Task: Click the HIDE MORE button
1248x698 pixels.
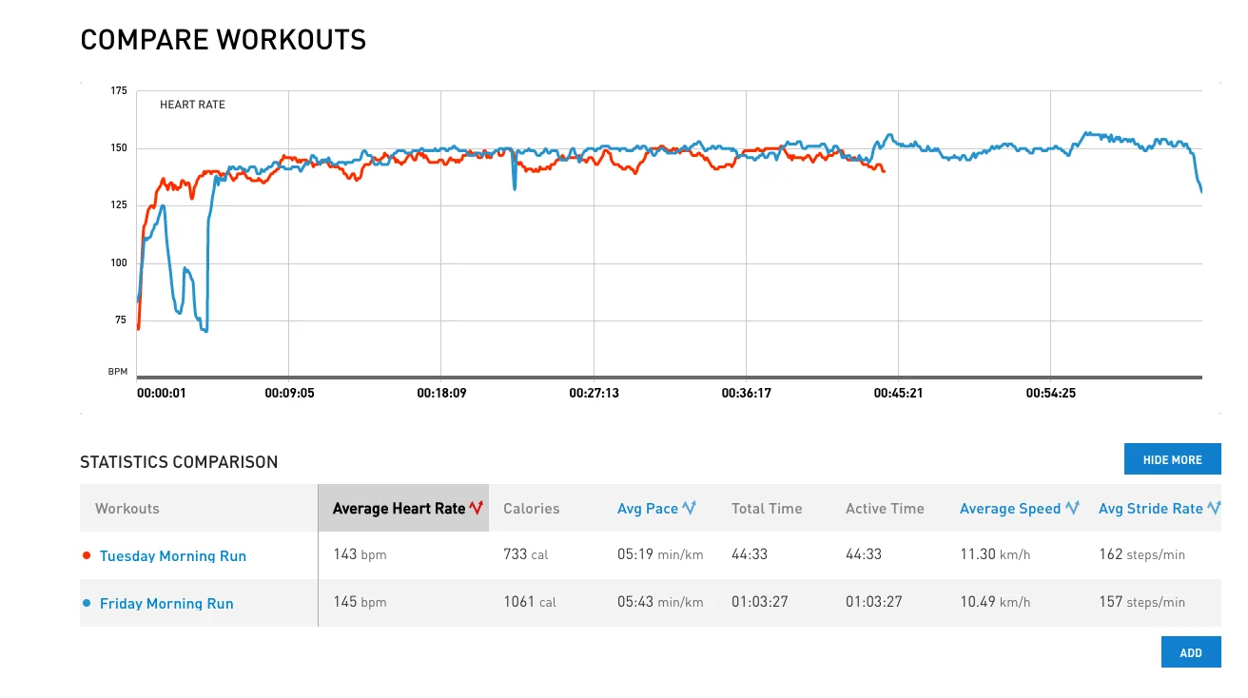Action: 1172,459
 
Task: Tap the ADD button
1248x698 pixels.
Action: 1191,652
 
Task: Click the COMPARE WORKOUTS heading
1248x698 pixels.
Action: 223,40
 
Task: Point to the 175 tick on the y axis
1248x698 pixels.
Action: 118,91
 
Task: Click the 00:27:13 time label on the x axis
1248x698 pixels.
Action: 594,393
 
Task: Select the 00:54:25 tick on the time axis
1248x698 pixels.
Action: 1050,393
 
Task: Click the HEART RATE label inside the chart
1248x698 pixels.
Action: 192,105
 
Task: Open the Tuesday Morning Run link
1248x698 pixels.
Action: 172,556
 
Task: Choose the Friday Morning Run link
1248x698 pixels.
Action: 166,604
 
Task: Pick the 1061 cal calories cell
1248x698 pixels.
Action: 529,602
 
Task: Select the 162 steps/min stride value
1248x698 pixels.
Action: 1141,554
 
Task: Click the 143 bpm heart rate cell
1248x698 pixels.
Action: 360,554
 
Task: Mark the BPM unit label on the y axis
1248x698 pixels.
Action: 117,372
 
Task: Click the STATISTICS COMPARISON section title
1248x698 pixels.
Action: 179,462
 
